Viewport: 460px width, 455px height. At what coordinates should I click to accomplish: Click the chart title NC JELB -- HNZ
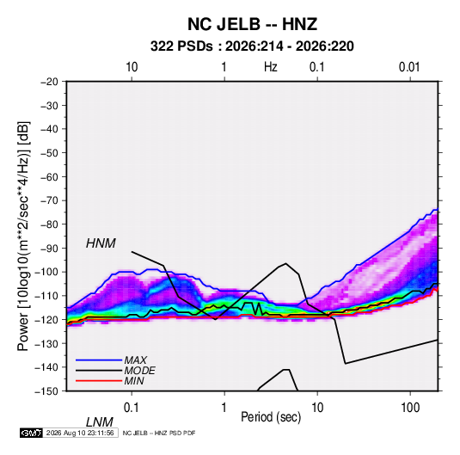pyautogui.click(x=252, y=24)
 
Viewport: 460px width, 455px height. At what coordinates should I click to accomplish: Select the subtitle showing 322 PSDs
pyautogui.click(x=252, y=46)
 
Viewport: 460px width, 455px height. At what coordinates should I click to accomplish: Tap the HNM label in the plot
pyautogui.click(x=101, y=243)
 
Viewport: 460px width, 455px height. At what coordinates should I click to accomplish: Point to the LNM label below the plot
pyautogui.click(x=99, y=422)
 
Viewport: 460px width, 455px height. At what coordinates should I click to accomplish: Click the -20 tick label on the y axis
pyautogui.click(x=49, y=82)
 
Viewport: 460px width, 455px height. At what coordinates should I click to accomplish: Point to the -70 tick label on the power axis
pyautogui.click(x=49, y=200)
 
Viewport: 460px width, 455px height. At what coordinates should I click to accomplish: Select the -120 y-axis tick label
pyautogui.click(x=46, y=319)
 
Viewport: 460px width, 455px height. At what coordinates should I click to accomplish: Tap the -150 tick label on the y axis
pyautogui.click(x=46, y=391)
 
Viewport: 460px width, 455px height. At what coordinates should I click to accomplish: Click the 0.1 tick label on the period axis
pyautogui.click(x=132, y=408)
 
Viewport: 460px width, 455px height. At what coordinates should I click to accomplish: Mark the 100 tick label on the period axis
pyautogui.click(x=410, y=408)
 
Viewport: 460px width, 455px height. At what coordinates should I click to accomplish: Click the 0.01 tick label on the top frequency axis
pyautogui.click(x=409, y=67)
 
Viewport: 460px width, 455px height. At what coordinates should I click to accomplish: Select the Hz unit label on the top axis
pyautogui.click(x=271, y=67)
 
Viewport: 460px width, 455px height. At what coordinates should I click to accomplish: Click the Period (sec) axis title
pyautogui.click(x=271, y=417)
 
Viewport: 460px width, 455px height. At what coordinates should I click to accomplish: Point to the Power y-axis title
pyautogui.click(x=23, y=237)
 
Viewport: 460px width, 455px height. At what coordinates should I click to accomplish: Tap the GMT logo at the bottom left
pyautogui.click(x=31, y=433)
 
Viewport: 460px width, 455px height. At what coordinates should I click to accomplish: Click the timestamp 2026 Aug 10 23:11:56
pyautogui.click(x=80, y=433)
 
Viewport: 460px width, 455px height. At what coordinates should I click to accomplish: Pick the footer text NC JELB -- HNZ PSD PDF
pyautogui.click(x=159, y=433)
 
